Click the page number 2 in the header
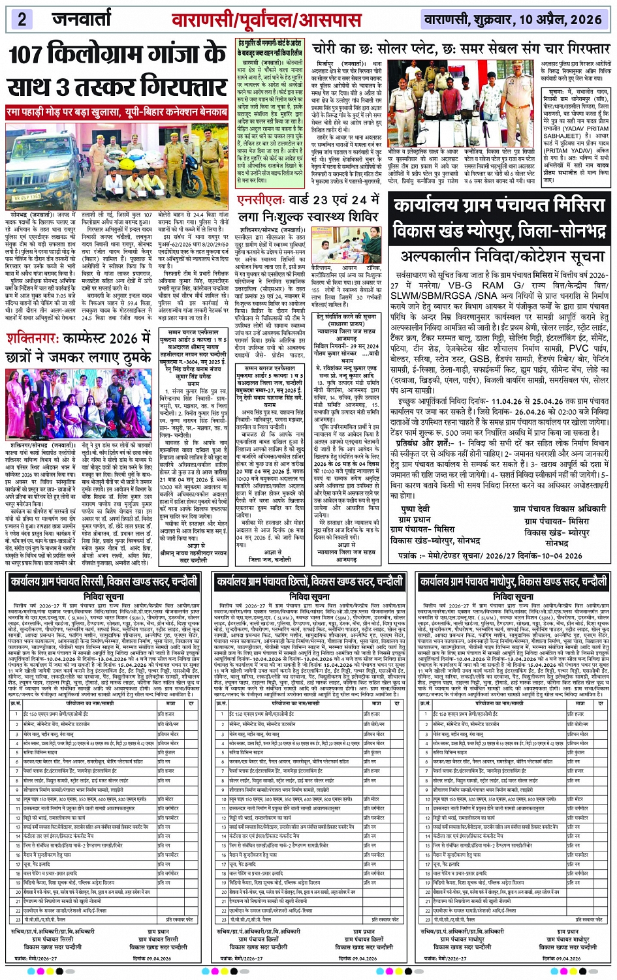coord(22,19)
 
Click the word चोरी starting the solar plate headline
coord(327,50)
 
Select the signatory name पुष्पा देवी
coord(415,509)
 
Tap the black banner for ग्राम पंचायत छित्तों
coord(309,581)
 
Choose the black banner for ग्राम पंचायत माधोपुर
coord(513,581)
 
